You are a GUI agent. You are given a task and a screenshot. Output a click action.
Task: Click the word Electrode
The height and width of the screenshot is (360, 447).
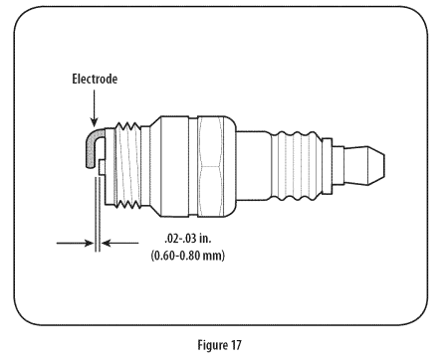pyautogui.click(x=95, y=79)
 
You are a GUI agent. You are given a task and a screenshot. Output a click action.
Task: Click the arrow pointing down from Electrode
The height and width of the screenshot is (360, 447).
pyautogui.click(x=95, y=108)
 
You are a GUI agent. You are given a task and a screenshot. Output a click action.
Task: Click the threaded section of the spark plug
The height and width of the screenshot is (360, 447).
pyautogui.click(x=127, y=165)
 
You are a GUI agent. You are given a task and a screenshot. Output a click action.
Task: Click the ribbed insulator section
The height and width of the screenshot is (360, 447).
pyautogui.click(x=297, y=166)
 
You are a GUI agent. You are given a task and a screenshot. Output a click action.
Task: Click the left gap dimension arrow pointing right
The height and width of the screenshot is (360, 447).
pyautogui.click(x=75, y=243)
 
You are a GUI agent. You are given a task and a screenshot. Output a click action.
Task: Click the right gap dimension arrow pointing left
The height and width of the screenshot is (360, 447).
pyautogui.click(x=119, y=243)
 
